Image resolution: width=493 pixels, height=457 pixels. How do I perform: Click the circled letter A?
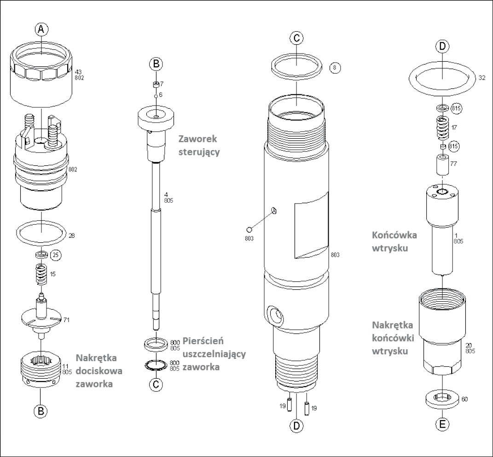click(x=41, y=29)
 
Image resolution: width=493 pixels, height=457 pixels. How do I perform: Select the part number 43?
click(x=78, y=72)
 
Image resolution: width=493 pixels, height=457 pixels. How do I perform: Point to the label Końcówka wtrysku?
click(x=394, y=241)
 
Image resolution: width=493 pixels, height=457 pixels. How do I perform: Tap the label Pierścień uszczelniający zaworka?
click(x=214, y=354)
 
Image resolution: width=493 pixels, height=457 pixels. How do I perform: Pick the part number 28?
click(x=71, y=235)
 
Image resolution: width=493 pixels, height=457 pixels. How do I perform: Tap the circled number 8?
click(x=335, y=68)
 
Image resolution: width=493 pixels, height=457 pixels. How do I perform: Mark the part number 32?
click(x=482, y=78)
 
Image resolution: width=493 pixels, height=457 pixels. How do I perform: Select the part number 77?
click(x=453, y=163)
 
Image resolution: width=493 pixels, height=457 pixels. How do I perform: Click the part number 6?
click(x=161, y=94)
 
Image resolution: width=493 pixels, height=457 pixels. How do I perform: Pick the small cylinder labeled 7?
click(x=157, y=84)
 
